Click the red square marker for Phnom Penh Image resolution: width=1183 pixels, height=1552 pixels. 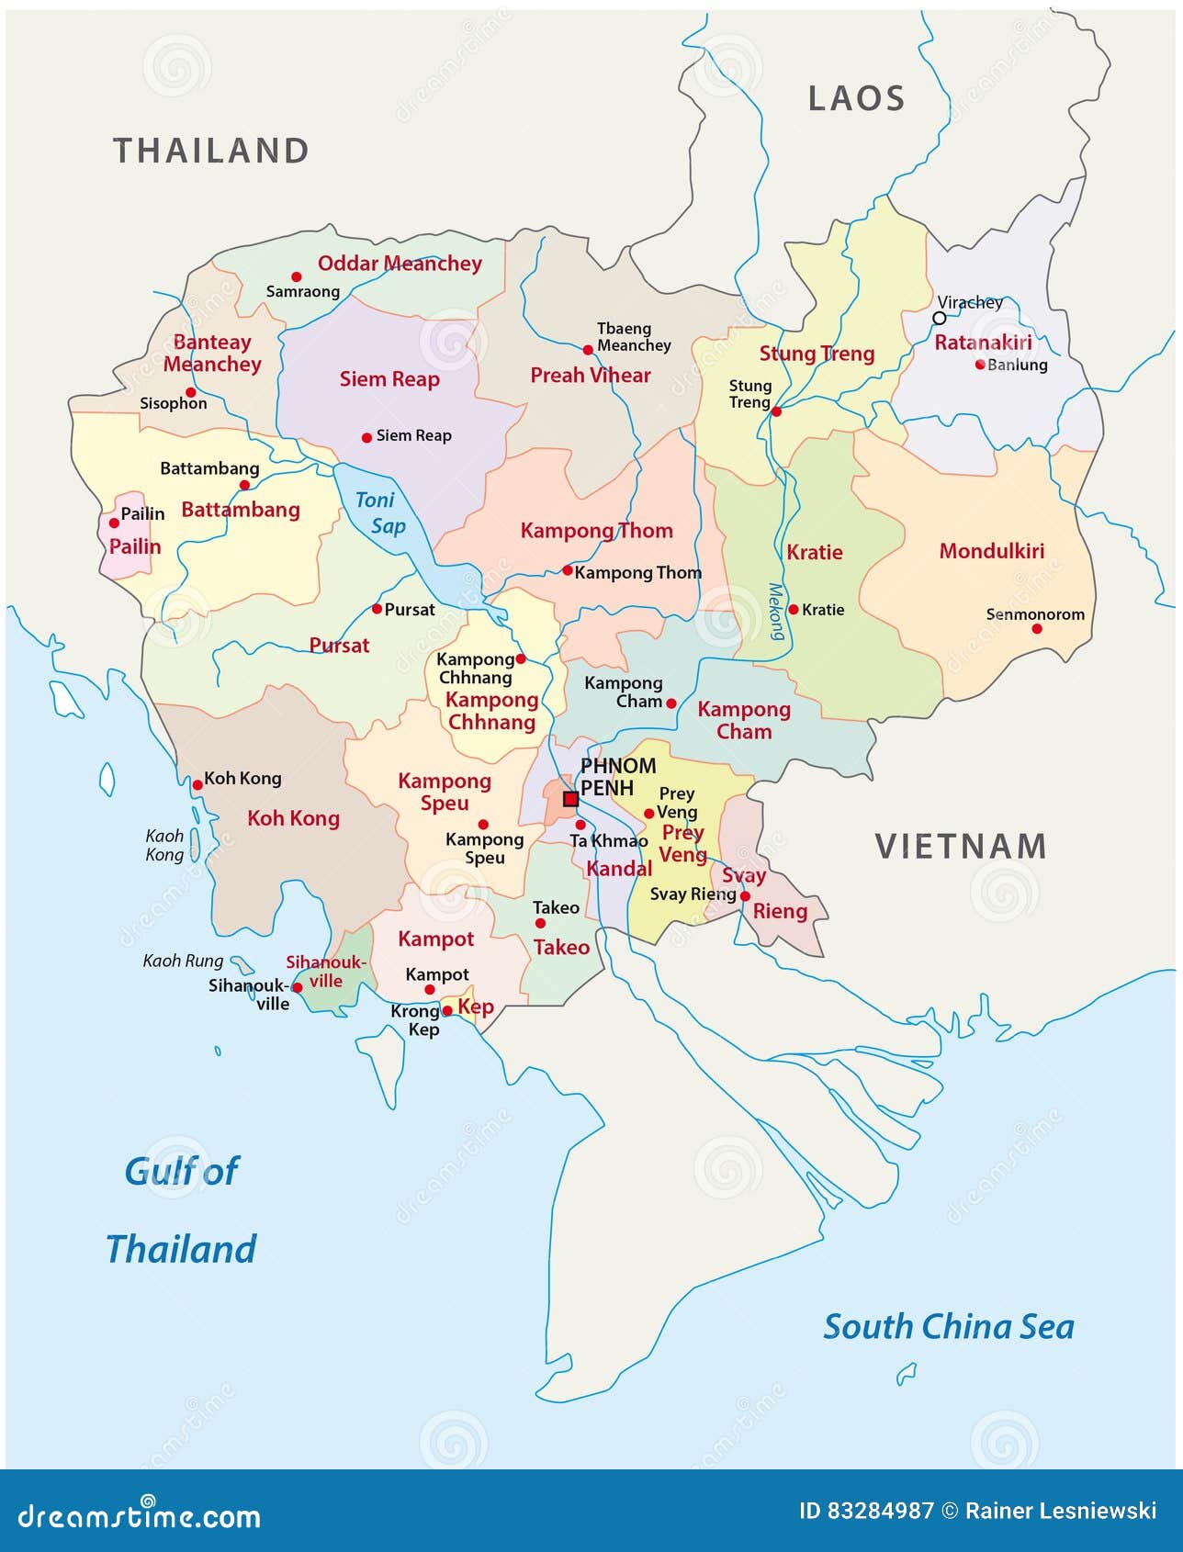pos(570,799)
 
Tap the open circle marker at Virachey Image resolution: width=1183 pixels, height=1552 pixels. pos(939,318)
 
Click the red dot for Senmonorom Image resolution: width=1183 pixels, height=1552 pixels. pos(1037,629)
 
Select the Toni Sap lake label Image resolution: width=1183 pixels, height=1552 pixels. pos(381,512)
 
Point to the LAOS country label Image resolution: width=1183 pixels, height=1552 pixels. pos(856,98)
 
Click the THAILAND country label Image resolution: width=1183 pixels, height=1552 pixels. pos(211,151)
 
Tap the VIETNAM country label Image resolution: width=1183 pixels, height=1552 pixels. pos(961,846)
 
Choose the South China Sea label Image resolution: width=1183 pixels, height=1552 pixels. pos(948,1326)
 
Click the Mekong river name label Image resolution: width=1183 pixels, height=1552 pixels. pos(777,612)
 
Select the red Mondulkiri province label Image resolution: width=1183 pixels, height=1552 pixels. pos(991,551)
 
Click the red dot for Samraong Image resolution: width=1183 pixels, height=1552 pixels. pos(296,276)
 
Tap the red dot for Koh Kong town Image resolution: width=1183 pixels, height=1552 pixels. pos(197,784)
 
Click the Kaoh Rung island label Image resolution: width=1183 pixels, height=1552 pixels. pos(184,961)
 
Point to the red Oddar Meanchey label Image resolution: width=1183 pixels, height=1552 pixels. pos(400,264)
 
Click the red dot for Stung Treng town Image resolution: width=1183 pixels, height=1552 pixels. pos(776,411)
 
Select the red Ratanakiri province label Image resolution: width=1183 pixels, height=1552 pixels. pos(983,343)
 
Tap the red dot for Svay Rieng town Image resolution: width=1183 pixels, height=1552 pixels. pos(745,896)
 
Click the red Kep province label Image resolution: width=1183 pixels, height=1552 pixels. pos(476,1007)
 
